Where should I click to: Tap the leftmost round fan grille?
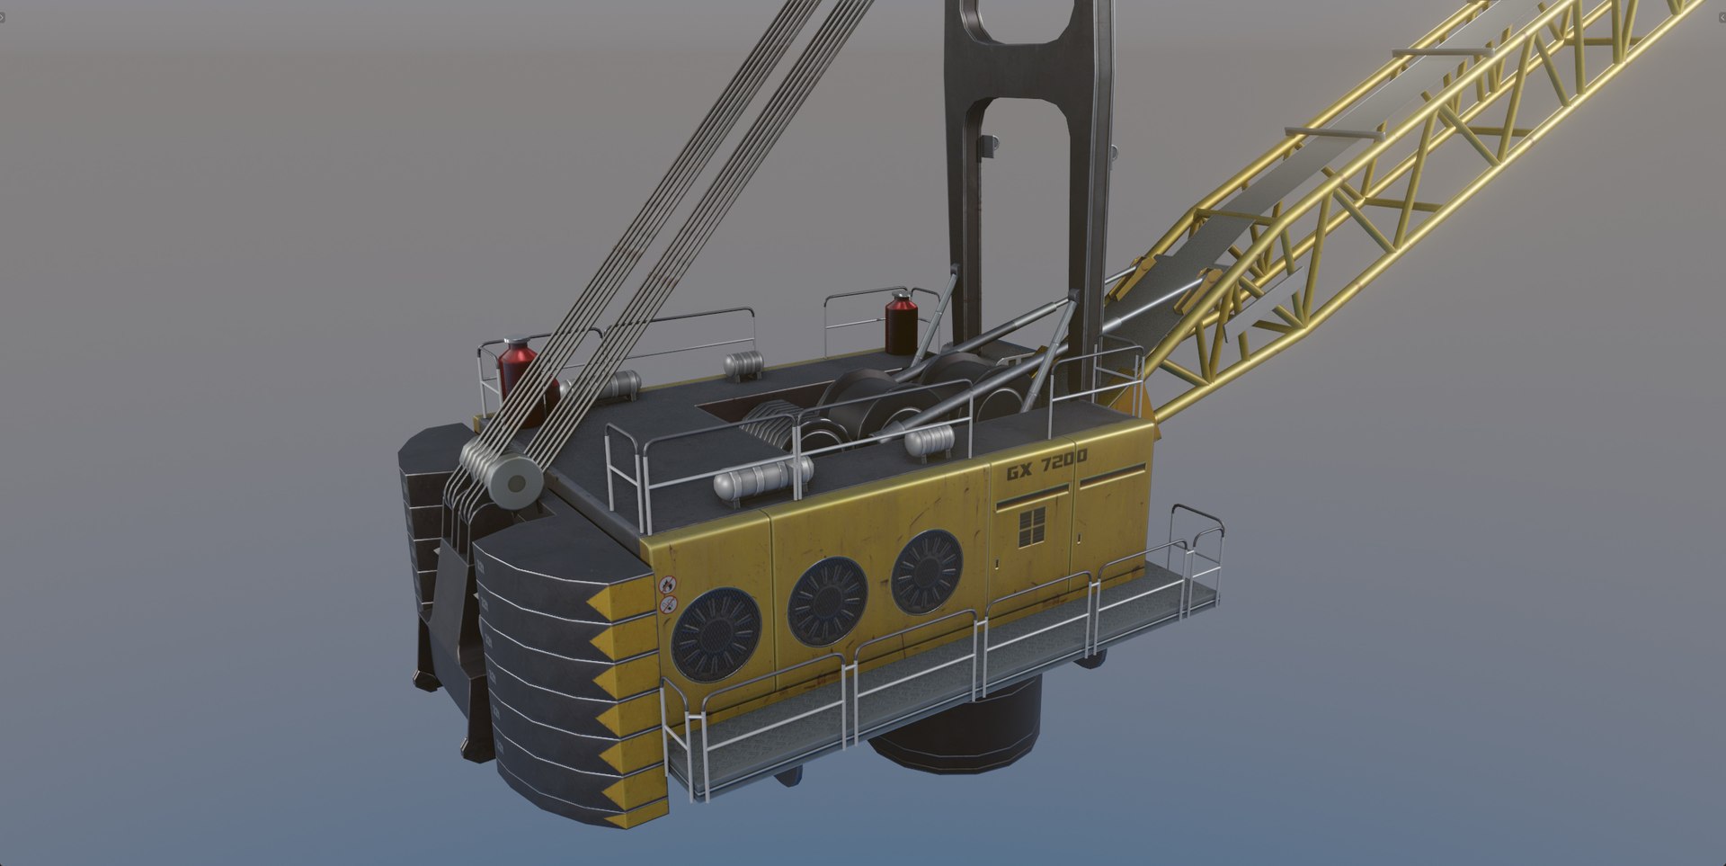point(716,633)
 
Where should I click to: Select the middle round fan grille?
point(827,601)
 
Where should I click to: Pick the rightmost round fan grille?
point(927,572)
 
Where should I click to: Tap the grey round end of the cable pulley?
point(516,485)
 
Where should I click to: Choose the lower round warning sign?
point(668,605)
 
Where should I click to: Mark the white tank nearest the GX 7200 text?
point(929,442)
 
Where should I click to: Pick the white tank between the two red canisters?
point(743,364)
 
